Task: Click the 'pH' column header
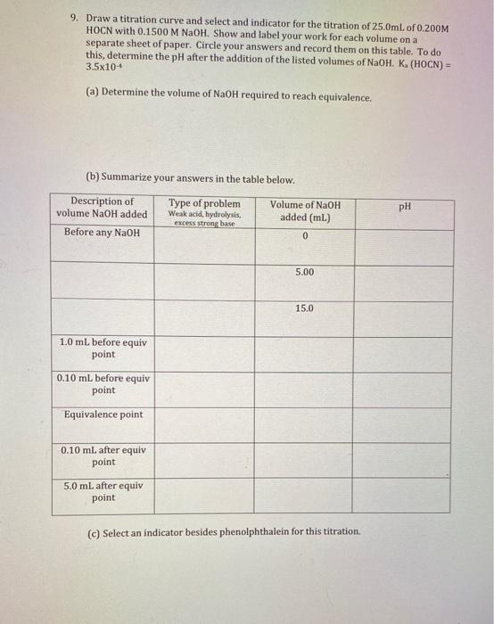pyautogui.click(x=405, y=207)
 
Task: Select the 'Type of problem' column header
pyautogui.click(x=204, y=204)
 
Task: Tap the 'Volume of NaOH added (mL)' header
pyautogui.click(x=305, y=211)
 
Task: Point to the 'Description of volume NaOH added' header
pyautogui.click(x=102, y=208)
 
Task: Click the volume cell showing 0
pyautogui.click(x=305, y=236)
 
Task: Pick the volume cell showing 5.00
pyautogui.click(x=305, y=272)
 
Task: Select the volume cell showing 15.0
pyautogui.click(x=305, y=308)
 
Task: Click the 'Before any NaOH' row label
pyautogui.click(x=102, y=233)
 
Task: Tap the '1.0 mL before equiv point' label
pyautogui.click(x=103, y=348)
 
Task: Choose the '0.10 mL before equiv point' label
pyautogui.click(x=103, y=383)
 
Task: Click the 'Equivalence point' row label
pyautogui.click(x=103, y=415)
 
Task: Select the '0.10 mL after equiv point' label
pyautogui.click(x=103, y=456)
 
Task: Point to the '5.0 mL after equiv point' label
pyautogui.click(x=103, y=491)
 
